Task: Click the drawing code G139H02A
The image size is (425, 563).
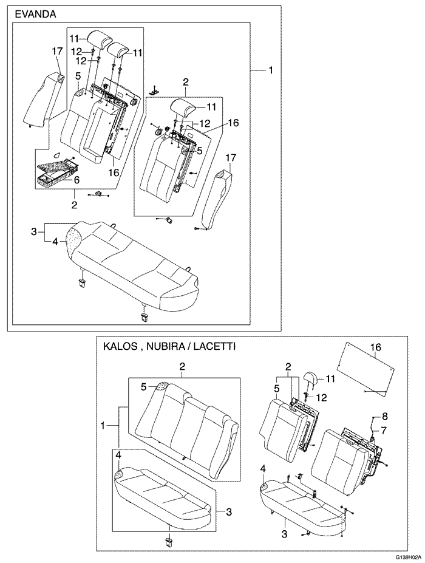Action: pyautogui.click(x=405, y=556)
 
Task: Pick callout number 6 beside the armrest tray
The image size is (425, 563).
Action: pyautogui.click(x=77, y=180)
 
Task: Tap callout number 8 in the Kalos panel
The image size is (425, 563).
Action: pyautogui.click(x=384, y=416)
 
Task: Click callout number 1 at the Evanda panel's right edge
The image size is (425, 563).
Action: pyautogui.click(x=271, y=70)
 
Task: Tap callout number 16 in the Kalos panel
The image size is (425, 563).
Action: pyautogui.click(x=376, y=347)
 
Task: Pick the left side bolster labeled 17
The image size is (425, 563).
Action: pyautogui.click(x=44, y=100)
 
